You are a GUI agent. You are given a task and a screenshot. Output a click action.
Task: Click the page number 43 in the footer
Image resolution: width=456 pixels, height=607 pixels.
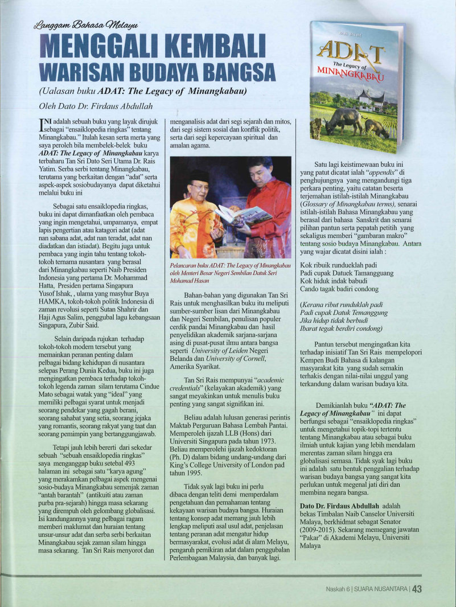tap(416, 590)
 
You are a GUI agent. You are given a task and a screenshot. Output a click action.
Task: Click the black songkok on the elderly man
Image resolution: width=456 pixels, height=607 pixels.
tap(199, 175)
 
